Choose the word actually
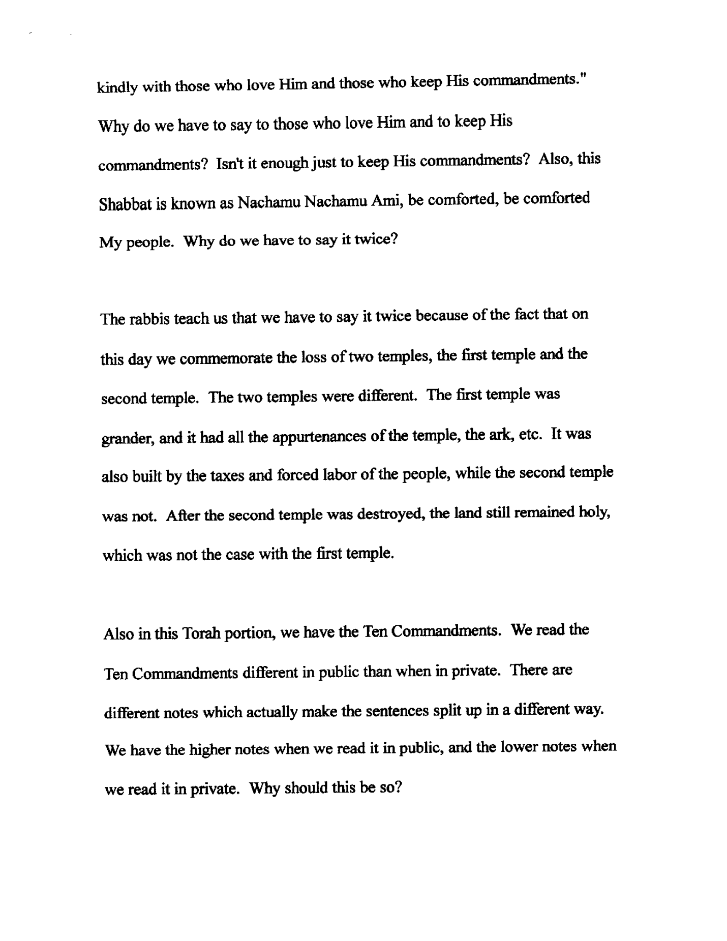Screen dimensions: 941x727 [x=272, y=712]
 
